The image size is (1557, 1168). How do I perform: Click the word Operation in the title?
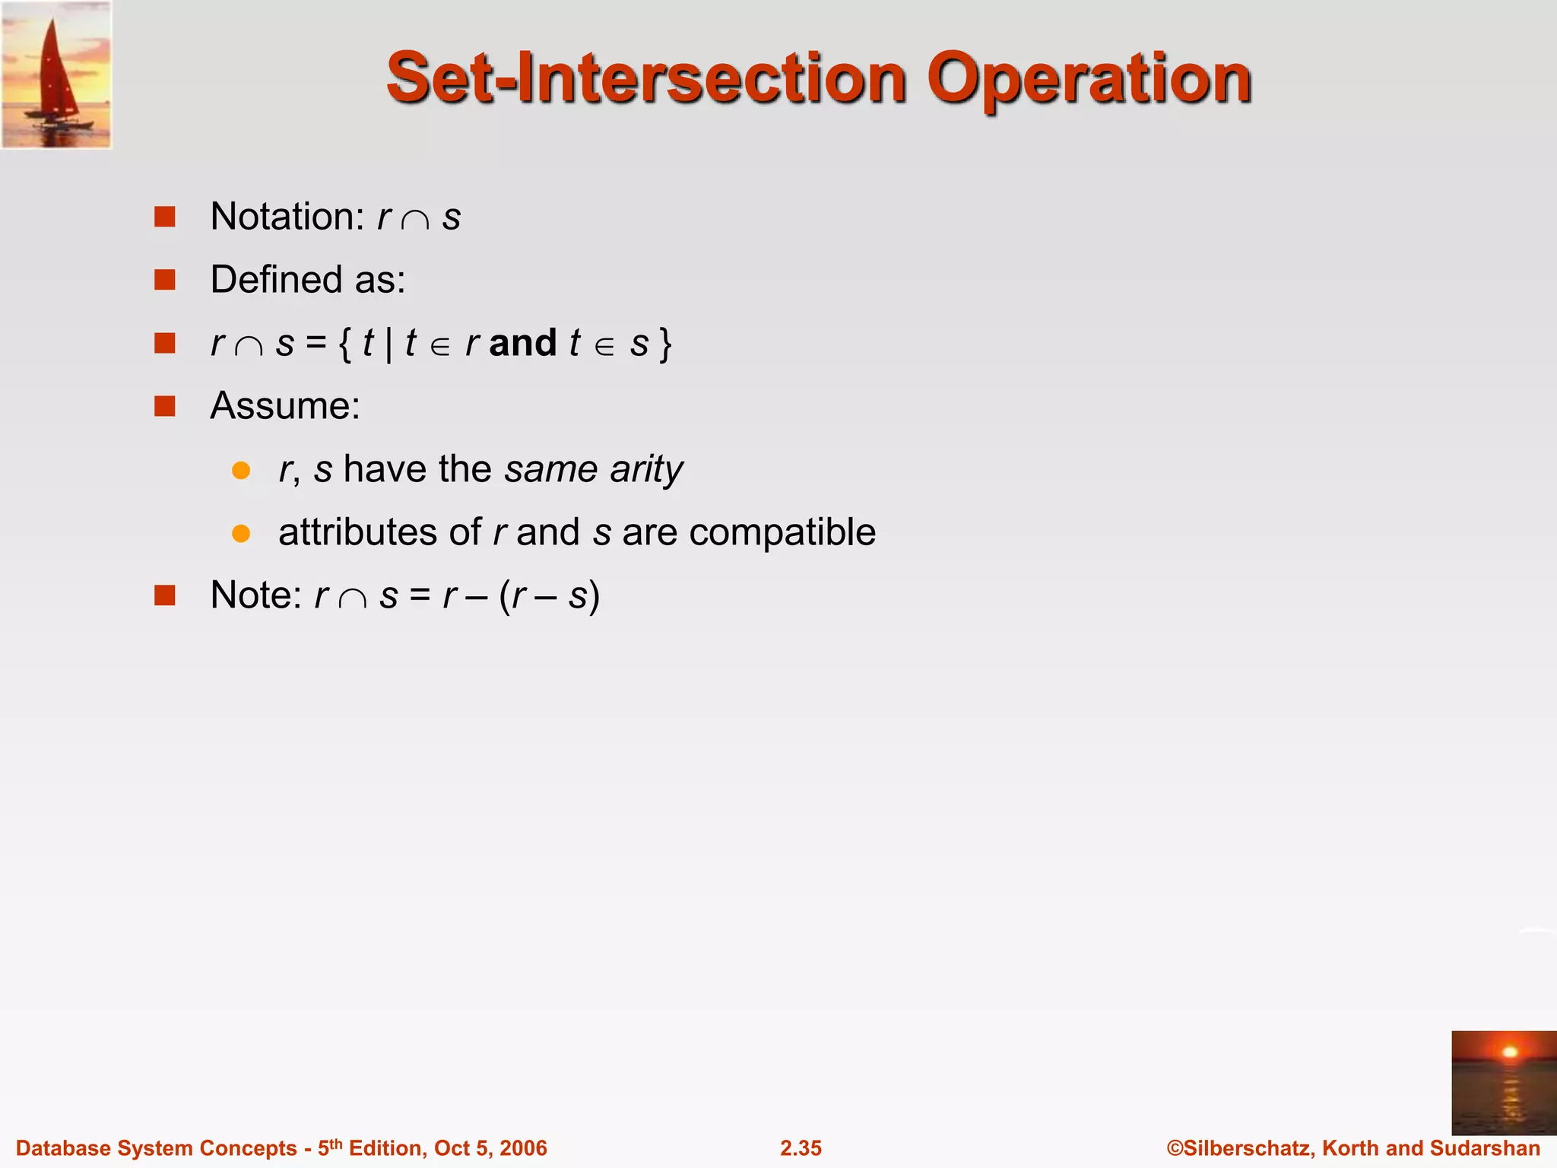[x=1088, y=79]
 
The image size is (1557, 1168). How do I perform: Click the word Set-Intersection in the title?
[x=646, y=79]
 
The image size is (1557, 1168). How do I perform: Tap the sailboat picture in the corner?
[x=56, y=75]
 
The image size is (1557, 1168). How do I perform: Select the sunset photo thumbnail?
[x=1503, y=1082]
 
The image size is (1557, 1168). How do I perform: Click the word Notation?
[x=287, y=217]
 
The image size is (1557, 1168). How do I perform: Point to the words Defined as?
[x=308, y=280]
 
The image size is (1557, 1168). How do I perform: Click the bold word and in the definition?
[x=523, y=343]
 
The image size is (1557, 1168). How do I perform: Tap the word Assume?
[x=285, y=406]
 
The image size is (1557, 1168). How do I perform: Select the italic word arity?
[x=646, y=469]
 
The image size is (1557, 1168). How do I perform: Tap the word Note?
[x=256, y=595]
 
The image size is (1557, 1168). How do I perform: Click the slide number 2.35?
[x=801, y=1148]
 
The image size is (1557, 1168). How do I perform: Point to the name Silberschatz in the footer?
[x=1248, y=1148]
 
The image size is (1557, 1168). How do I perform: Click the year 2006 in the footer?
[x=524, y=1148]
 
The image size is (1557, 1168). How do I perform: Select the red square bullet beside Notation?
[x=165, y=217]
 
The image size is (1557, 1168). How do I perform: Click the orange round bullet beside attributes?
[x=241, y=533]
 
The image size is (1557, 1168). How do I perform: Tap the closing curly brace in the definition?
[x=666, y=344]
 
